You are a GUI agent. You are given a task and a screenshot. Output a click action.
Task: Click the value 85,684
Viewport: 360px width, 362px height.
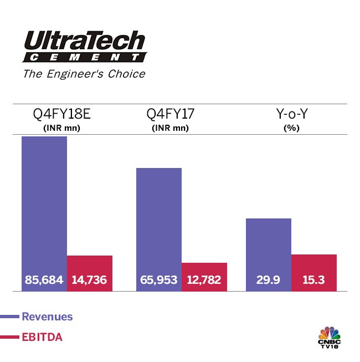(x=44, y=280)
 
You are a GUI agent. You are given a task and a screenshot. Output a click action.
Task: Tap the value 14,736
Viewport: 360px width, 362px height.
(x=90, y=280)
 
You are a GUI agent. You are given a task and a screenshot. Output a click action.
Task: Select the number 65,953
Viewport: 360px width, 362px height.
(x=158, y=280)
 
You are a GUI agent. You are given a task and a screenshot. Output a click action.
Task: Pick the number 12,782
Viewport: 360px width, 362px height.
(x=204, y=280)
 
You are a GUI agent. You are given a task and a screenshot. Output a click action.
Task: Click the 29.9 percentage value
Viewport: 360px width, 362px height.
(x=268, y=280)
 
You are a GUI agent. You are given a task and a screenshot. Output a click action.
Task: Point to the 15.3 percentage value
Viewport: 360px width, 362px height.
(x=314, y=280)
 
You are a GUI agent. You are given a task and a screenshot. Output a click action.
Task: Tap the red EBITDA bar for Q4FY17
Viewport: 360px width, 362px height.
(x=204, y=268)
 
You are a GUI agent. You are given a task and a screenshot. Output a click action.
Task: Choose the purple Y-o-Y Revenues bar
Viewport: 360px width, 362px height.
(x=268, y=244)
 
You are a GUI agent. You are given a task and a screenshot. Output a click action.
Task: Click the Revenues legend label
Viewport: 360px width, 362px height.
(x=47, y=317)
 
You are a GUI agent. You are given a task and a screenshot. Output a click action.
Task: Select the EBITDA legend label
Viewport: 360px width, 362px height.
(x=42, y=336)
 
